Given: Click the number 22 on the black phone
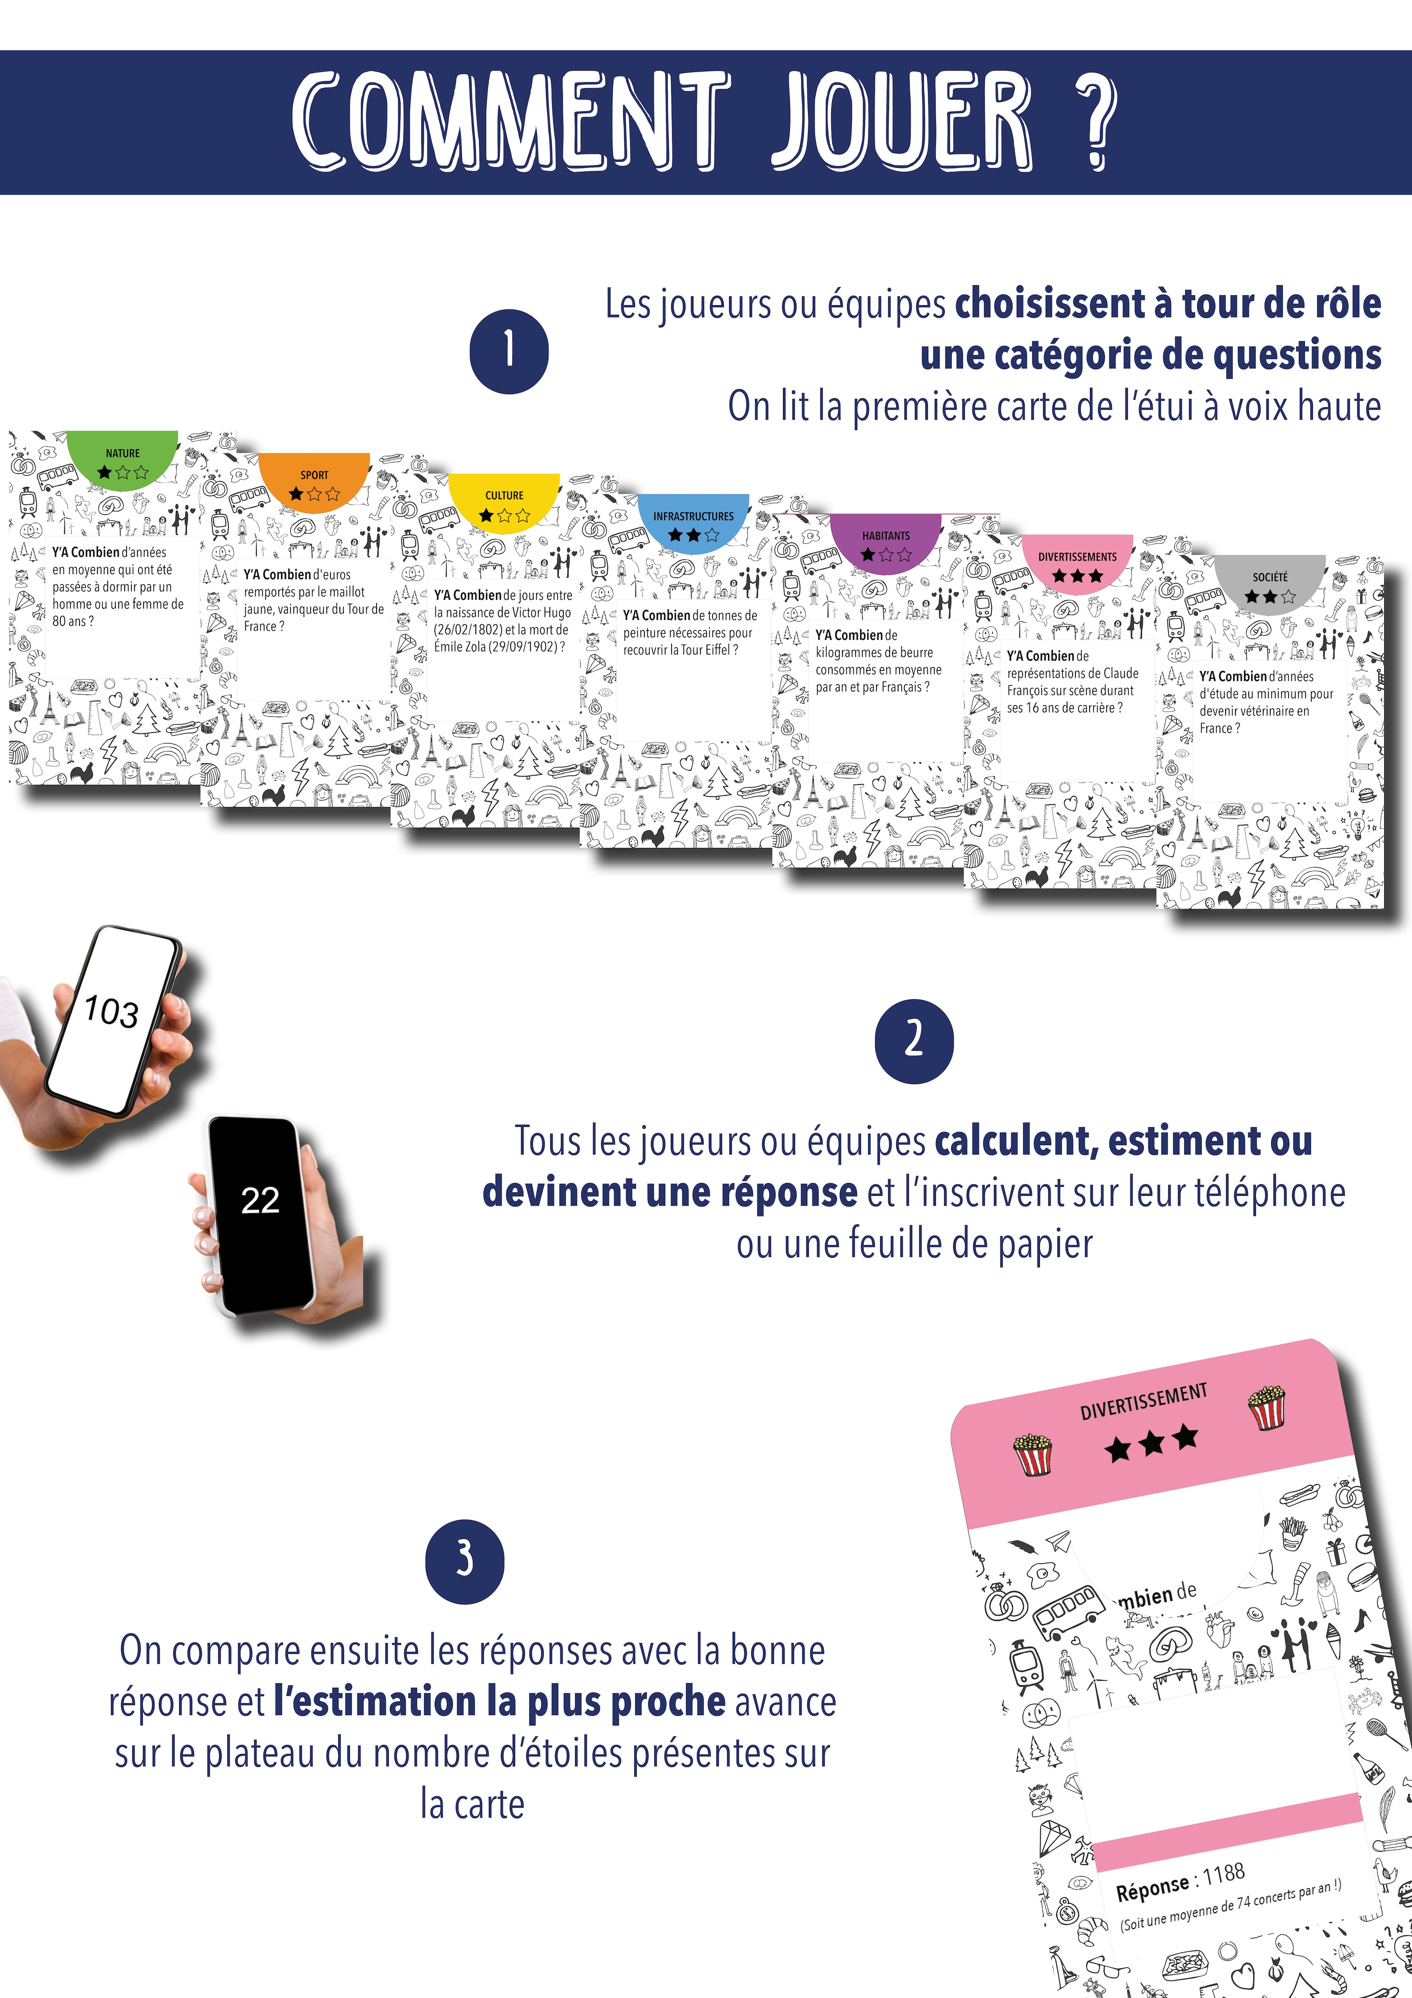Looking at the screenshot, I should pos(260,1201).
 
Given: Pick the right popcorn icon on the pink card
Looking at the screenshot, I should pos(1268,1407).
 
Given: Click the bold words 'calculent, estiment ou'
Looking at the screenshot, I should pos(1123,1141).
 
